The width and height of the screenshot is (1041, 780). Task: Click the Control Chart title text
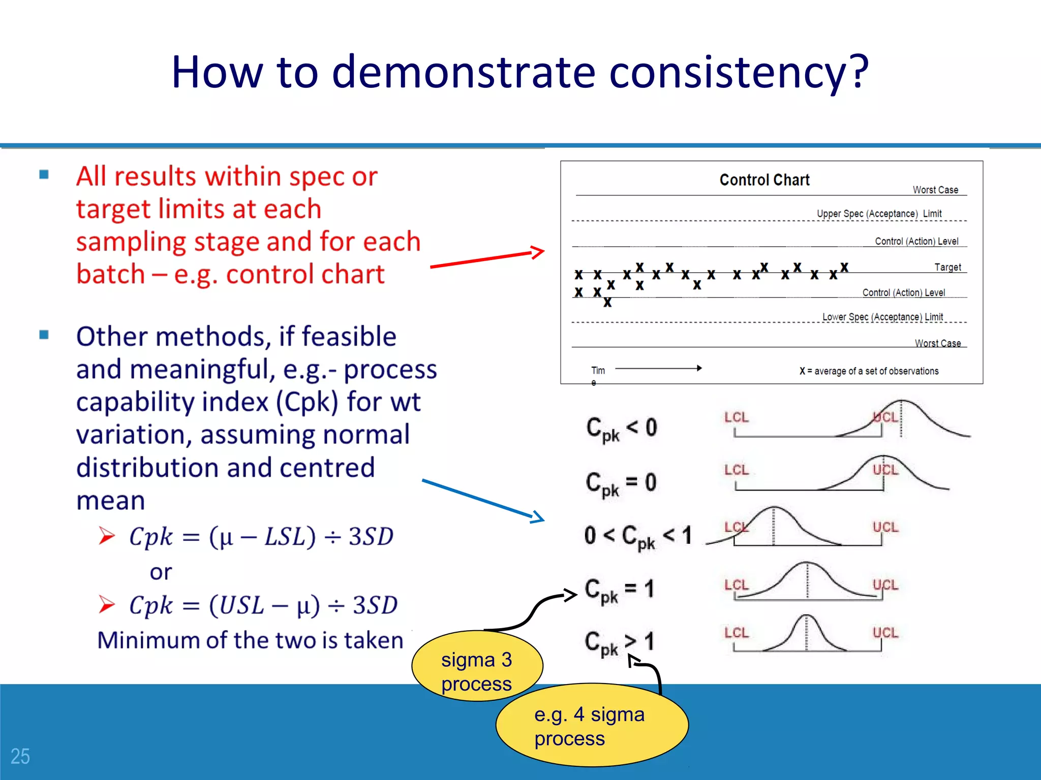click(764, 180)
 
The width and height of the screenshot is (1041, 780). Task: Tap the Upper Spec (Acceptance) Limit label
click(879, 214)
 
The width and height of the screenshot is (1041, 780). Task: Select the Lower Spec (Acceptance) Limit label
click(882, 317)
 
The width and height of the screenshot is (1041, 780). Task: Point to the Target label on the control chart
click(947, 267)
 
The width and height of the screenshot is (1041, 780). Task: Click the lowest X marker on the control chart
click(607, 303)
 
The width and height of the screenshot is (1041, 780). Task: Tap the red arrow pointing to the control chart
click(487, 258)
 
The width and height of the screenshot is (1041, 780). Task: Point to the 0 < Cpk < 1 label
click(637, 536)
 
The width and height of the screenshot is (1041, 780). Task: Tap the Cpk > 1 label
click(619, 643)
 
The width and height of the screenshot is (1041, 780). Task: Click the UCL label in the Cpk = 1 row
click(885, 585)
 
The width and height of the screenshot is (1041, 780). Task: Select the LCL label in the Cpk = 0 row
click(737, 470)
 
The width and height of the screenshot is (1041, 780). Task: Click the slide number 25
click(20, 756)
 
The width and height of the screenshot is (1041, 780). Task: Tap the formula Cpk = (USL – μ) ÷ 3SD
click(263, 605)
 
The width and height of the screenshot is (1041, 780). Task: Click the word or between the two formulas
click(161, 572)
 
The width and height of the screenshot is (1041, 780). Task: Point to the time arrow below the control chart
click(658, 368)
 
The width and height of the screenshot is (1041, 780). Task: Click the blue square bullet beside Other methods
click(44, 335)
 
